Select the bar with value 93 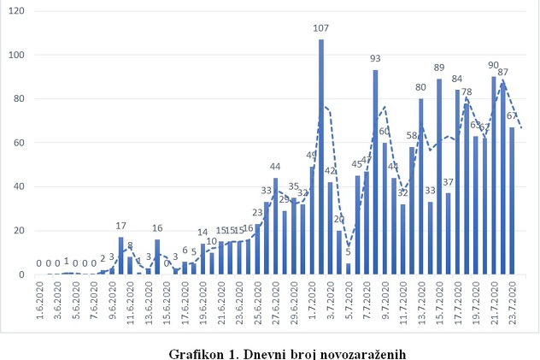(376, 171)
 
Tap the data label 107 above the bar (321, 29)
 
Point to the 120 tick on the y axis (18, 11)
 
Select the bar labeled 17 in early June (121, 256)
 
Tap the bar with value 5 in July (349, 269)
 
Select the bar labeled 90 (495, 175)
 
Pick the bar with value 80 (421, 186)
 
